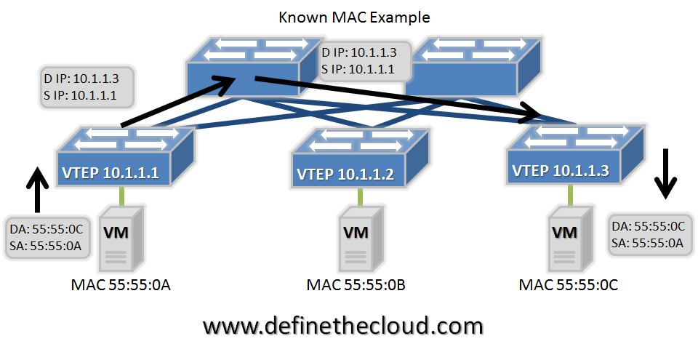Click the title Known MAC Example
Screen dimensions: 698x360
[354, 17]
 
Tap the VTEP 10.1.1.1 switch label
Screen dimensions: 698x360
[111, 173]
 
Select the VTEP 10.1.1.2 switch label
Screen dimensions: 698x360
[345, 175]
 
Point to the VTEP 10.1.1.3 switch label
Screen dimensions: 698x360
[561, 171]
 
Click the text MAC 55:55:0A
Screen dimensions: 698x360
[121, 285]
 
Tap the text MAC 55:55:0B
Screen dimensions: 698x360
[356, 285]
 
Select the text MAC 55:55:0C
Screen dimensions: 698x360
[569, 285]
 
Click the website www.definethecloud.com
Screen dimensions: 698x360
[342, 326]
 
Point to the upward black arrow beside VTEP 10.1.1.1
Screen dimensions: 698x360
[39, 189]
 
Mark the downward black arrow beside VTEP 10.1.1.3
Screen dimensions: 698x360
[665, 174]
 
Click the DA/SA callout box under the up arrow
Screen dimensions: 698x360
[48, 238]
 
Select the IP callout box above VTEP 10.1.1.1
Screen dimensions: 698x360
[87, 87]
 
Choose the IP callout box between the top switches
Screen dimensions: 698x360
[364, 61]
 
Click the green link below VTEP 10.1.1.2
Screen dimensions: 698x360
[360, 196]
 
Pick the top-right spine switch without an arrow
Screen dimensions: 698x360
[473, 68]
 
